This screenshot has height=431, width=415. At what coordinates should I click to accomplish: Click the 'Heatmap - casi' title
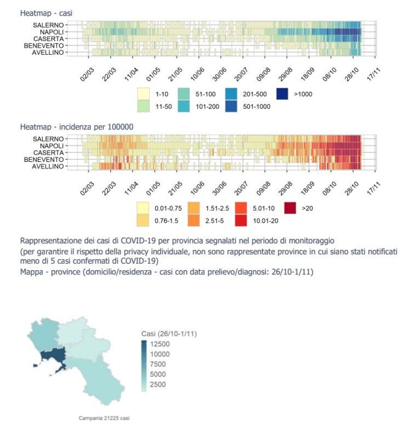tap(46, 13)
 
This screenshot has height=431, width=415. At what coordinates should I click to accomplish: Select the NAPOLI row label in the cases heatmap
tap(51, 32)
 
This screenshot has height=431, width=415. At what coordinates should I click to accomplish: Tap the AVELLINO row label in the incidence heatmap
tap(48, 166)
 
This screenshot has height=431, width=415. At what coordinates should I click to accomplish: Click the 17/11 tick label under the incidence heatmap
tap(374, 188)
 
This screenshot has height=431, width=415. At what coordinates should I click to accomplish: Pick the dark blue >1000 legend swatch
tap(282, 94)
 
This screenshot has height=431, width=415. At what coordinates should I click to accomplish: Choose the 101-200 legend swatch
tap(184, 106)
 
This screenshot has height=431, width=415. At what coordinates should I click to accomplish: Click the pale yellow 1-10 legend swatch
tap(143, 94)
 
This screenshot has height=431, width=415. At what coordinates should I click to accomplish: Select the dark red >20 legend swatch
tap(290, 208)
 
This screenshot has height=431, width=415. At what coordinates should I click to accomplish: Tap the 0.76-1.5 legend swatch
tap(143, 220)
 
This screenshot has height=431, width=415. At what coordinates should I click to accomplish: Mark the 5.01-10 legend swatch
tap(241, 208)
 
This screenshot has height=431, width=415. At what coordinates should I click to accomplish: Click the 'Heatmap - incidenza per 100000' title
tap(77, 127)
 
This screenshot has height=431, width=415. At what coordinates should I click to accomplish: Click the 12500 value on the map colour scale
tap(160, 344)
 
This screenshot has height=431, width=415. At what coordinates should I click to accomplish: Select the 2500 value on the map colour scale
tap(158, 384)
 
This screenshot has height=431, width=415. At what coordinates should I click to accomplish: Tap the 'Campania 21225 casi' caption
tap(104, 418)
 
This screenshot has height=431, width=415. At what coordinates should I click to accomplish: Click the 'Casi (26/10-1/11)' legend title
tap(169, 334)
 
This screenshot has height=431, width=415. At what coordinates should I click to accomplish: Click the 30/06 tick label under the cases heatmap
tap(219, 74)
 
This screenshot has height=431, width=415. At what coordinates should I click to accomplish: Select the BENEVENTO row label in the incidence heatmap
tap(44, 159)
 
